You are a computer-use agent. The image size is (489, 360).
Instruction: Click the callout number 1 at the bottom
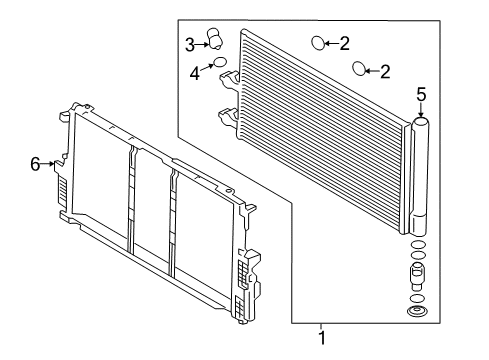coord(322,338)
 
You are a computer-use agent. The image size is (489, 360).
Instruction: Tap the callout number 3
coord(190,45)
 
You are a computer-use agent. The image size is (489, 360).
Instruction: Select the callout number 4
coord(195,73)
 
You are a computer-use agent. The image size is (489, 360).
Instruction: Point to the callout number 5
coord(421,94)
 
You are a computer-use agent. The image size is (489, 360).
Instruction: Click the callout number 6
coord(35,164)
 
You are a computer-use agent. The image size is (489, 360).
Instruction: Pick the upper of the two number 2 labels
coord(345,44)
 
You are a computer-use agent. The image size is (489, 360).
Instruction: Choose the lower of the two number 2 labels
coord(385,72)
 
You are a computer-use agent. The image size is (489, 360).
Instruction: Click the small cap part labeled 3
coord(215,39)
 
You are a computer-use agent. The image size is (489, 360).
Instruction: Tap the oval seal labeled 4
coord(220,62)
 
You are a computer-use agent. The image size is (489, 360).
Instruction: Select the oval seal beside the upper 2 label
coord(318,43)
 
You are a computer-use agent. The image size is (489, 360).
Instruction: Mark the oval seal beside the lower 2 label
coord(359,68)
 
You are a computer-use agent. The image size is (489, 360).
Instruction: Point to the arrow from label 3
coord(202,44)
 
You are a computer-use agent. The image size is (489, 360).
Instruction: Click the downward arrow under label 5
coord(421,110)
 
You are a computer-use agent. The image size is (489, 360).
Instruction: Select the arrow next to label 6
coord(47,164)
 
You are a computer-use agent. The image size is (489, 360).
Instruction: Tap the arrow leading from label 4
coord(207,67)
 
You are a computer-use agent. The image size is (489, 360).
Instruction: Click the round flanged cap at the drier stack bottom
coord(416,312)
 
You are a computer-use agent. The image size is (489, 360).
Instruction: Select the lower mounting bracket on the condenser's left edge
coord(228,117)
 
